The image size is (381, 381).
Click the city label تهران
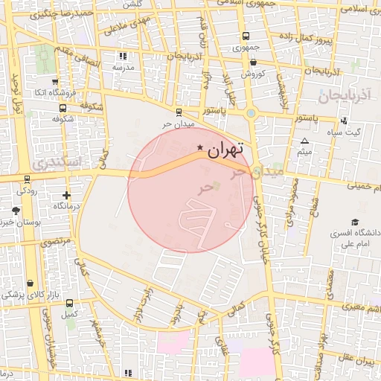pyautogui.click(x=226, y=150)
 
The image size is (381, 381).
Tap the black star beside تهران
pyautogui.click(x=199, y=149)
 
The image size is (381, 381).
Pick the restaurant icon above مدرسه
pyautogui.click(x=123, y=56)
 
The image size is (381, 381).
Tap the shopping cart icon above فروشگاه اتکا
pyautogui.click(x=55, y=82)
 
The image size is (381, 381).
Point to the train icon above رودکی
pyautogui.click(x=28, y=179)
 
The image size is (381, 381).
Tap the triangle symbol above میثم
pyautogui.click(x=304, y=141)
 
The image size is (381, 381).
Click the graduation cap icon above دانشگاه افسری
pyautogui.click(x=355, y=222)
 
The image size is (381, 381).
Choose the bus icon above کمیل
pyautogui.click(x=69, y=303)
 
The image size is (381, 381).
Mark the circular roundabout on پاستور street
pyautogui.click(x=251, y=113)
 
